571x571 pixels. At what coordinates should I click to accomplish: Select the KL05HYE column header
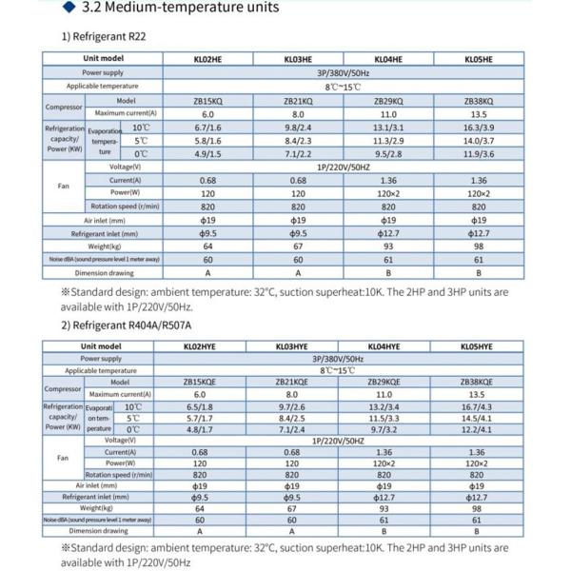[478, 347]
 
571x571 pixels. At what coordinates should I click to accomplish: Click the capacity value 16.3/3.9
[478, 127]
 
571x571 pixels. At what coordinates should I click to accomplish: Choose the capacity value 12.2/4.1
[478, 429]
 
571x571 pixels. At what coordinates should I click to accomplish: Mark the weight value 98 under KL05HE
[478, 246]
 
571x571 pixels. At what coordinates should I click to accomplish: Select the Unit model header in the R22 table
[102, 59]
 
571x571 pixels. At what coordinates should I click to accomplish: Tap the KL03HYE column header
[292, 347]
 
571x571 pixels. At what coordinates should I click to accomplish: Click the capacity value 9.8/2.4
[292, 127]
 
